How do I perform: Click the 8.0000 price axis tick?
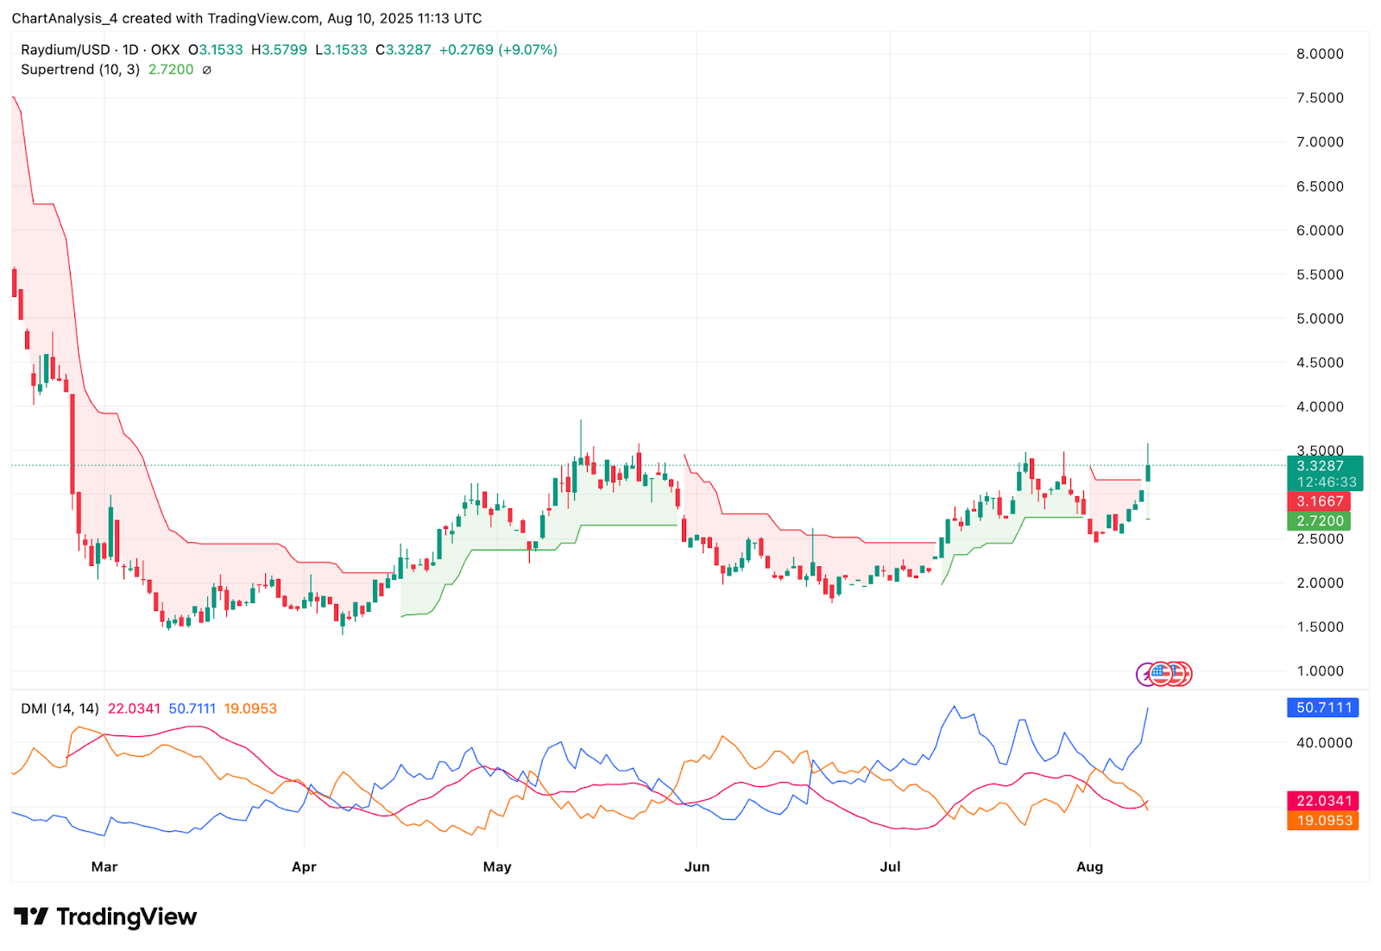coord(1320,54)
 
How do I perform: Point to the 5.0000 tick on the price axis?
coord(1320,318)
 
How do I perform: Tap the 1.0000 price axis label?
coord(1320,671)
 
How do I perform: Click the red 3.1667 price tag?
coord(1320,501)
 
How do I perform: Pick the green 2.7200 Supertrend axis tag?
coord(1320,521)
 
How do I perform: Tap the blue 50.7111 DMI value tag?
coord(1323,708)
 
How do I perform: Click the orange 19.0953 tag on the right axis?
coord(1323,821)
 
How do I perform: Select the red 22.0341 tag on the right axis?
coord(1323,801)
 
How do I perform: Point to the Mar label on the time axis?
coord(104,866)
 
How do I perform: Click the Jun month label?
coord(697,866)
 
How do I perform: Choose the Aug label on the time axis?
coord(1089,866)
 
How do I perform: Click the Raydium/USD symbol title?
coord(66,50)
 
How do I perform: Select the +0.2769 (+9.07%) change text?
coord(498,50)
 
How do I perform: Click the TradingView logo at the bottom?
coord(105,916)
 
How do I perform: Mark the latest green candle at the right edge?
coord(1148,472)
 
